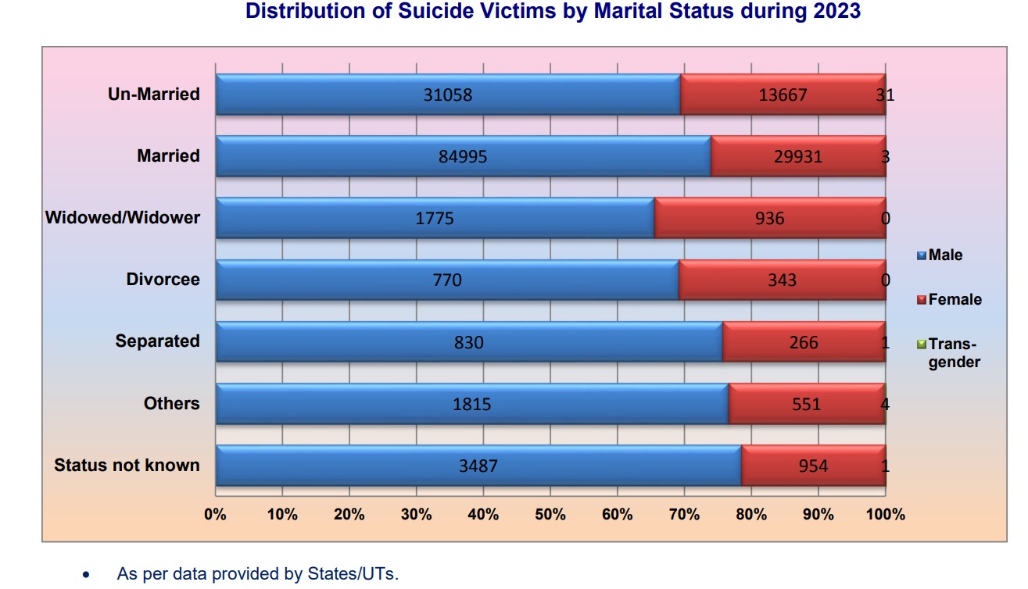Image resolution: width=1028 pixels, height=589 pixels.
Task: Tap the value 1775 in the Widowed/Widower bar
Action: [435, 218]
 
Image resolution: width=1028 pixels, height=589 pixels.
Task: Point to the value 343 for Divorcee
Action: [782, 280]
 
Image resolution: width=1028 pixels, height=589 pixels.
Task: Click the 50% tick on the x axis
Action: [550, 515]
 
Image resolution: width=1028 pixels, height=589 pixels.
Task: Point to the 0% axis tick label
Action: [215, 515]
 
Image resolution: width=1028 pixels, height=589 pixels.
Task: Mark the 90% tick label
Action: [818, 515]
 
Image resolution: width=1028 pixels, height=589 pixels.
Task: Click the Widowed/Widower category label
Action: [123, 217]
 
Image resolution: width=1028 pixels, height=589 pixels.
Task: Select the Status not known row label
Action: [127, 466]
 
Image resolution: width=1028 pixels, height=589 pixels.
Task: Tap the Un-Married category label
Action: [154, 95]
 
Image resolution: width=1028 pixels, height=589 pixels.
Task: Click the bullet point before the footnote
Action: [86, 575]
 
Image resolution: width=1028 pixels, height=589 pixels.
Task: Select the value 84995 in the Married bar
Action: [463, 156]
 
